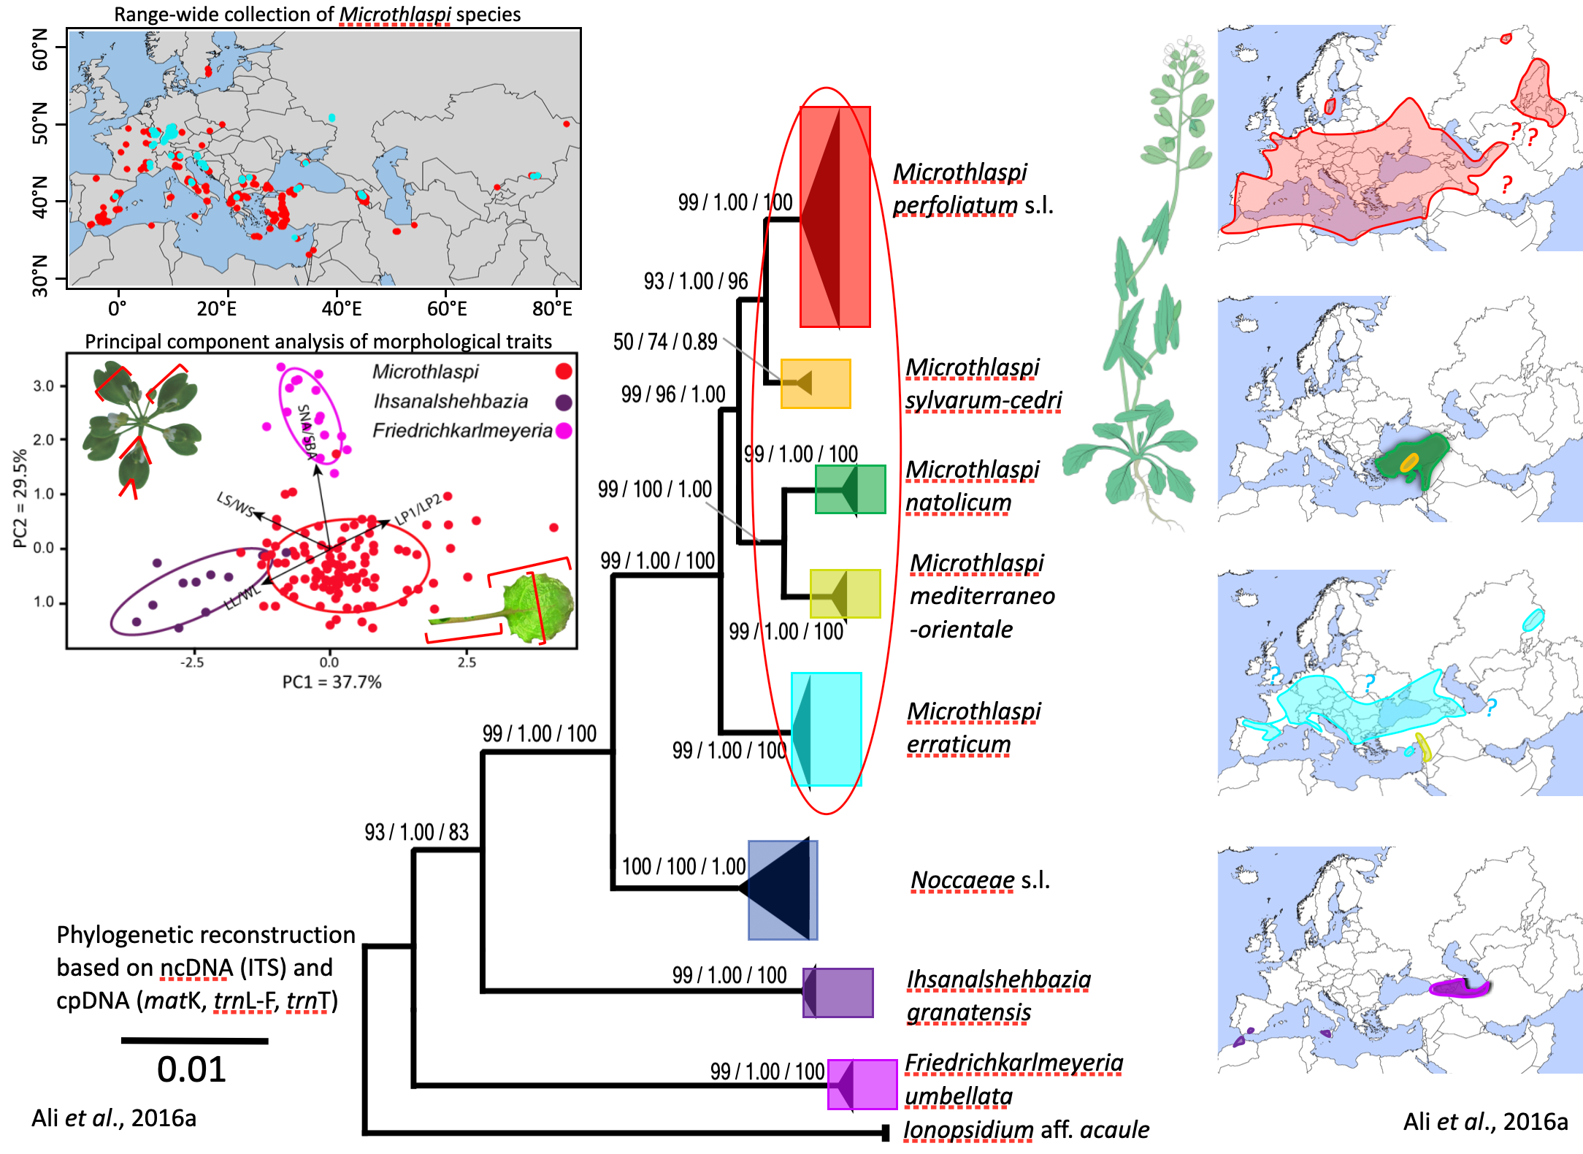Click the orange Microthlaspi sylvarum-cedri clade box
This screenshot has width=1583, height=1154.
pos(816,383)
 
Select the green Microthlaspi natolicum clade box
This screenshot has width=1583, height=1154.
pos(850,489)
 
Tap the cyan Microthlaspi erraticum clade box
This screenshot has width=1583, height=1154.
pos(827,729)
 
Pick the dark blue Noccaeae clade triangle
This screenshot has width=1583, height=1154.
pos(782,890)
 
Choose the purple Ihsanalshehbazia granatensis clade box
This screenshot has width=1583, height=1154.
pos(838,993)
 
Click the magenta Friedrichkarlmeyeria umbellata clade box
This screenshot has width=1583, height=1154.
pos(862,1084)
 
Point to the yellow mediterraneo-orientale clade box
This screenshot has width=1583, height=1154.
pos(845,594)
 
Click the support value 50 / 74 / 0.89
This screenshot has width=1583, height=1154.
pos(664,342)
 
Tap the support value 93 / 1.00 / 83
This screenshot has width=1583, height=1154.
pos(416,832)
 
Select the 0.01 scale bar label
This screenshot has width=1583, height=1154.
pos(191,1069)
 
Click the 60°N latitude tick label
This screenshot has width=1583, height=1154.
pos(41,50)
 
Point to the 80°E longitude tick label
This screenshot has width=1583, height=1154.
pos(552,309)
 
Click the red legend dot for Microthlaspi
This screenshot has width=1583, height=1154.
pos(563,372)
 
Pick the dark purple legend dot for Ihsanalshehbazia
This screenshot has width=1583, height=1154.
pos(563,402)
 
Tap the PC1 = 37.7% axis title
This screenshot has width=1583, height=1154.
pos(331,682)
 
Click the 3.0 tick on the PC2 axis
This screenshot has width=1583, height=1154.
pos(44,386)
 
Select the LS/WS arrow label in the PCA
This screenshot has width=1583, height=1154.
pos(235,504)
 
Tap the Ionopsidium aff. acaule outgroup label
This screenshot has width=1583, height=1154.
pos(1026,1130)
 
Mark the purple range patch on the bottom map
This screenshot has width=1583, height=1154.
pos(1457,988)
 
